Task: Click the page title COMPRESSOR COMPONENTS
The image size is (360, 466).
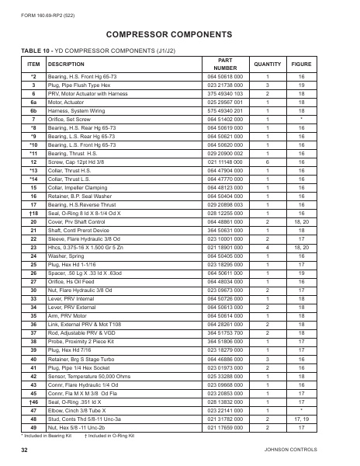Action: pyautogui.click(x=179, y=36)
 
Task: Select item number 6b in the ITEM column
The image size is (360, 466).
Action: pyautogui.click(x=33, y=110)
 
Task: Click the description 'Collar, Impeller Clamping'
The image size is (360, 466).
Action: pyautogui.click(x=81, y=188)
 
